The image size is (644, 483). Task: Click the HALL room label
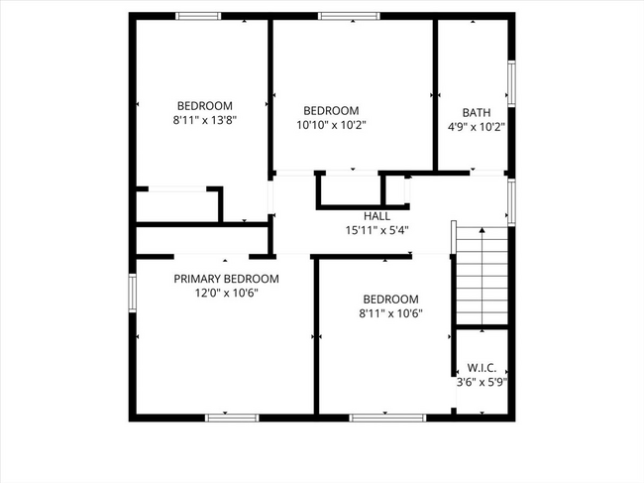[x=376, y=215]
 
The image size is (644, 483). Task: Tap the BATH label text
[x=477, y=112]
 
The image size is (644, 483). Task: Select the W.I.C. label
[x=482, y=366]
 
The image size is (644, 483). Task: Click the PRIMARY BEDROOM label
[x=226, y=279]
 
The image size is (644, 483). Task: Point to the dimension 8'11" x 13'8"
[x=204, y=120]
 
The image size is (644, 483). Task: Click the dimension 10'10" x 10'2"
[x=331, y=125]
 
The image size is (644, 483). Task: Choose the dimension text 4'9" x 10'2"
[x=477, y=126]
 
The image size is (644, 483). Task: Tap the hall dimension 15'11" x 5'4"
[x=376, y=229]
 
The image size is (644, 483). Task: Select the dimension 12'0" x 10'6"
[x=226, y=293]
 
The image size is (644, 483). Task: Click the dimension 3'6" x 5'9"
[x=482, y=380]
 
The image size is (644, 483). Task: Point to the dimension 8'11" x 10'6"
[x=390, y=312]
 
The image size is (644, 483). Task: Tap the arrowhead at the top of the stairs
[x=483, y=232]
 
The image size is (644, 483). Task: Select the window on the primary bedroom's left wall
[x=132, y=293]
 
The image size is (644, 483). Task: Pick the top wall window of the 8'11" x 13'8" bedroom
[x=198, y=16]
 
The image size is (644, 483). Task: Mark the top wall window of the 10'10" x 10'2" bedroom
[x=348, y=16]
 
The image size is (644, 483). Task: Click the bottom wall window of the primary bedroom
[x=232, y=418]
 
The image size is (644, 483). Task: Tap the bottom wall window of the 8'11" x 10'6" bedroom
[x=380, y=418]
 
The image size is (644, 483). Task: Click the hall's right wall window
[x=511, y=200]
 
